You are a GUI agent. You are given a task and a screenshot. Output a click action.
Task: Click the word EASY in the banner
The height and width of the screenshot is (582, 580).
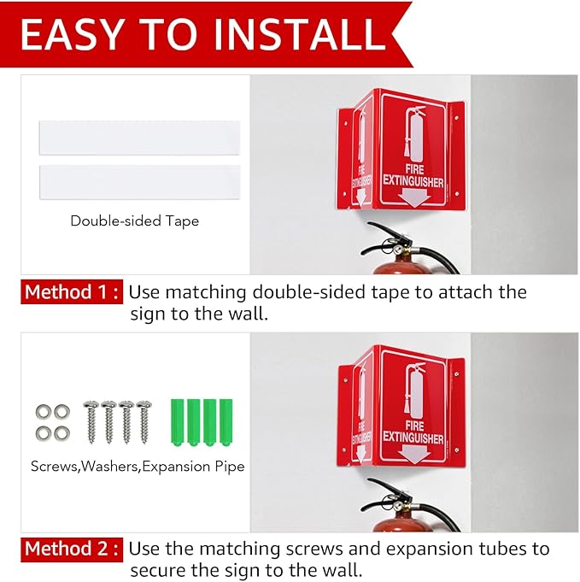[x=71, y=34]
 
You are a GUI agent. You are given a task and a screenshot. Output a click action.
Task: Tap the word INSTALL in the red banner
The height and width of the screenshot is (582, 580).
[x=300, y=34]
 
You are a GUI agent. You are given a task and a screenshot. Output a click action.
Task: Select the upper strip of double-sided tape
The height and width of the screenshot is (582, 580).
[x=139, y=138]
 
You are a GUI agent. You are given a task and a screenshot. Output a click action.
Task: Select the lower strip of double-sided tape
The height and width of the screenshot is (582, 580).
[x=139, y=182]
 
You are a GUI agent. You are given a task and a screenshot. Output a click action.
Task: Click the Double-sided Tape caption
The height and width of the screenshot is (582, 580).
[x=135, y=220]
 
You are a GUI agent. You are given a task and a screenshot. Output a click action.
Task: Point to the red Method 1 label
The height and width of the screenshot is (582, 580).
[x=72, y=291]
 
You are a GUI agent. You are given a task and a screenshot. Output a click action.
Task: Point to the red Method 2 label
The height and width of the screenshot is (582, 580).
[x=72, y=549]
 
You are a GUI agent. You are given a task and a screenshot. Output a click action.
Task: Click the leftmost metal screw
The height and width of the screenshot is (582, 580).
[x=91, y=421]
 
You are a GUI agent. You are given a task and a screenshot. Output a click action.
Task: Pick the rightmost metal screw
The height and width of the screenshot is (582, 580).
[x=144, y=421]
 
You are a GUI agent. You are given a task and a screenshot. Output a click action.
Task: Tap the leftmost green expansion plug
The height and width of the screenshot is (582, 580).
[x=178, y=422]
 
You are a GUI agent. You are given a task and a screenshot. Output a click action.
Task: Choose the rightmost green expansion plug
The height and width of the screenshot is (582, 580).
[x=226, y=422]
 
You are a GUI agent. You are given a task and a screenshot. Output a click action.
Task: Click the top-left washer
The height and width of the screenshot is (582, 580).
[x=43, y=412]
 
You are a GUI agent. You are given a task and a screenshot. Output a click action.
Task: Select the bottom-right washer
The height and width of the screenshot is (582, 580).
[x=62, y=433]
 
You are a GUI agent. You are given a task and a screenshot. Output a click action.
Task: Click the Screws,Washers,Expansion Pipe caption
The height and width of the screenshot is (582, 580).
[x=138, y=466]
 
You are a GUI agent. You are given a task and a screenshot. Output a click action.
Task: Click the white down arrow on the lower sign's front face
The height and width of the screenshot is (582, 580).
[x=416, y=454]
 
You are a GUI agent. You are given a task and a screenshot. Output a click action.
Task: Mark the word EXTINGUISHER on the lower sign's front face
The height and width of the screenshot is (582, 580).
[x=413, y=438]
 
